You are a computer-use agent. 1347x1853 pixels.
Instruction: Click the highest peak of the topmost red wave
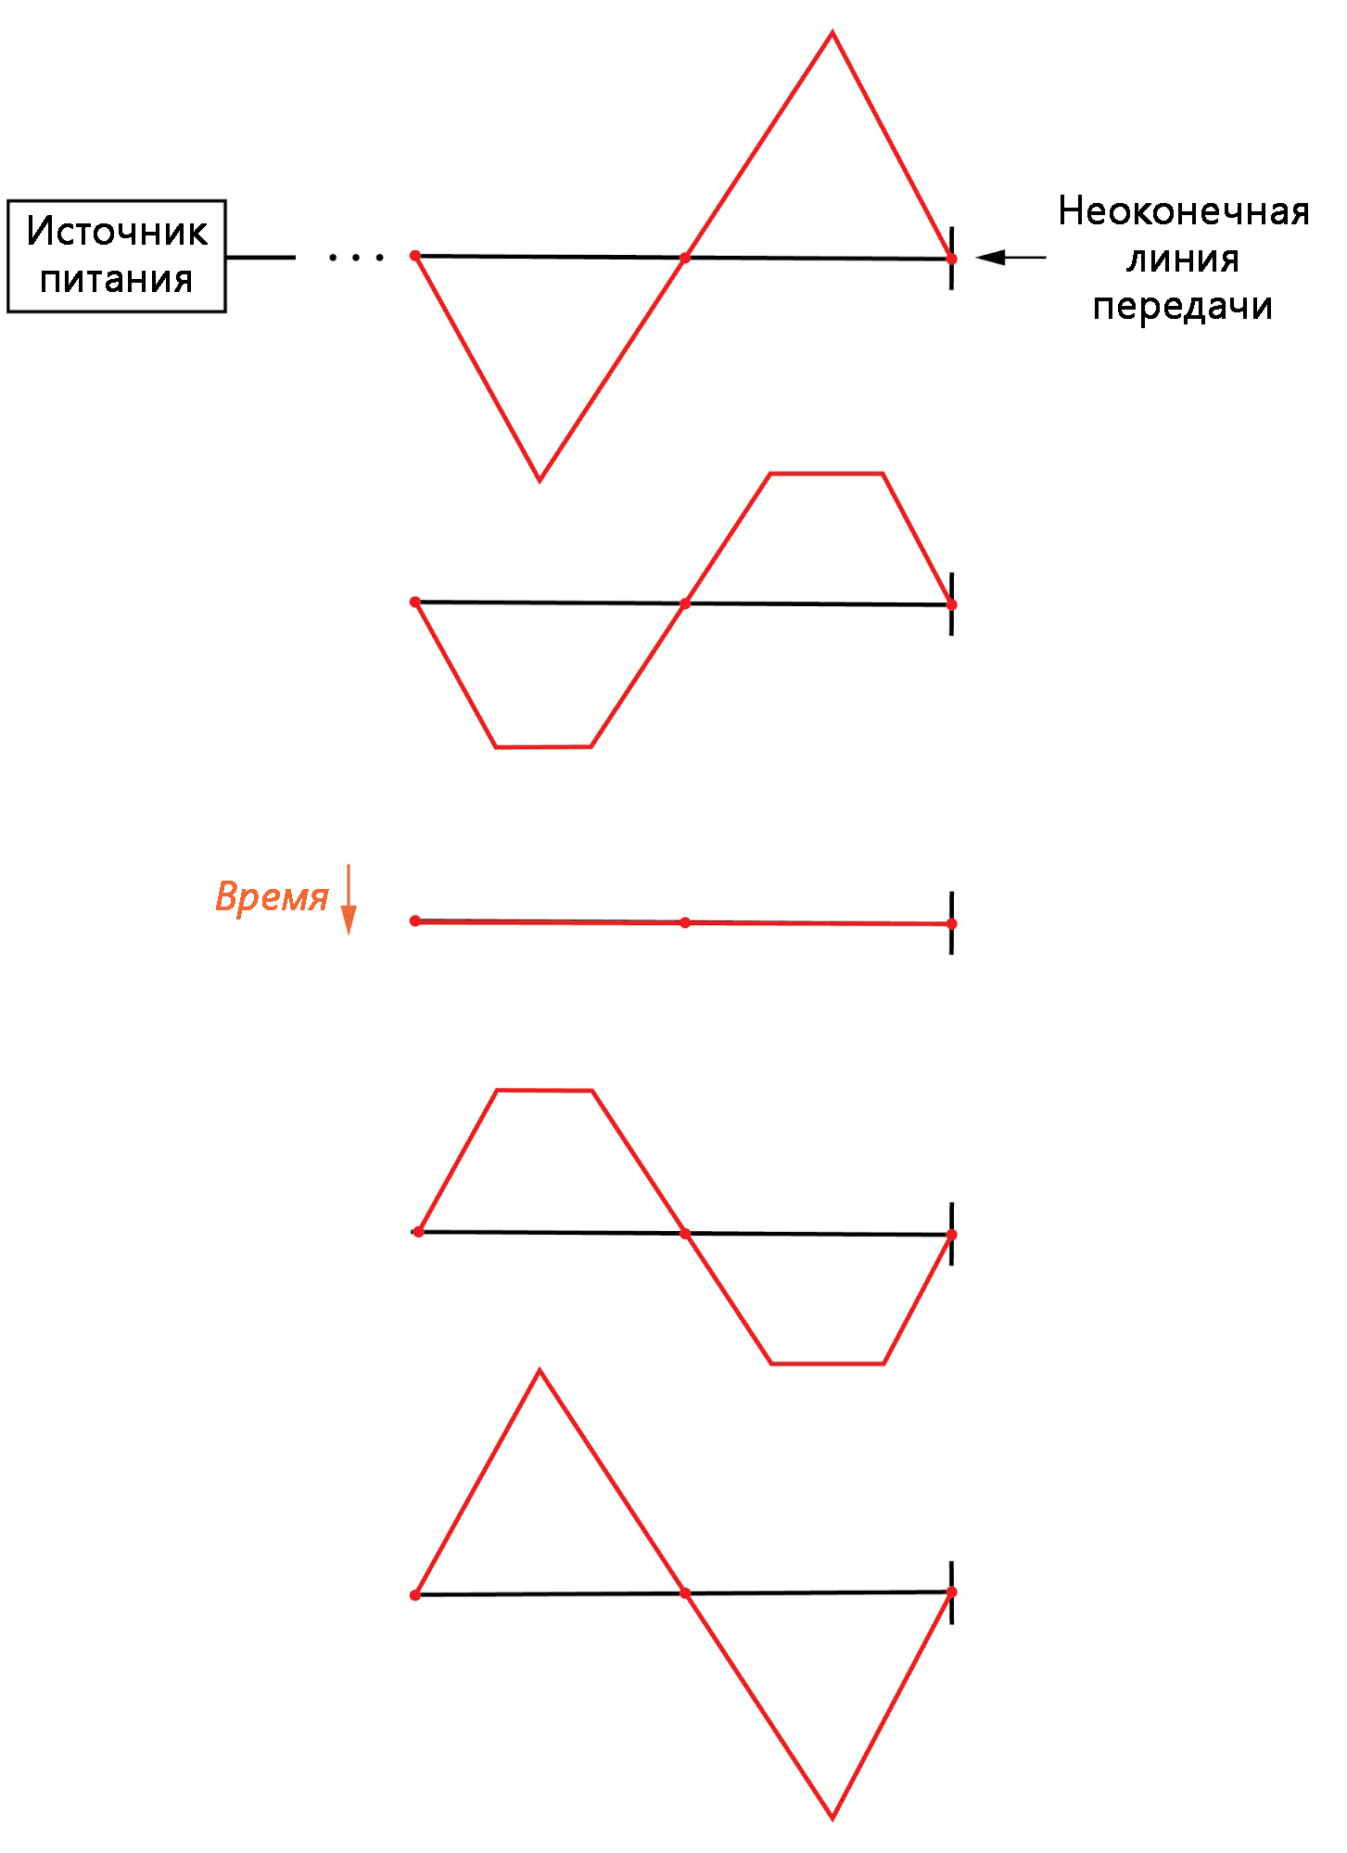832,32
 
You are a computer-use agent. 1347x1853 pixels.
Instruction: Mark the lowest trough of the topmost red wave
540,480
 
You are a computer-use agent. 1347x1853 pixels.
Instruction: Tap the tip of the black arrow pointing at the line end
977,258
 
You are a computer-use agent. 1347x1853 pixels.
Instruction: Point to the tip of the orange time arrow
349,934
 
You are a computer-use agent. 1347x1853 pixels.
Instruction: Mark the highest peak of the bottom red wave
540,1370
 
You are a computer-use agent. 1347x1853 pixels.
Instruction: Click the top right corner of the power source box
225,201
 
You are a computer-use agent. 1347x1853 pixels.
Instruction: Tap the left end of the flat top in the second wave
770,474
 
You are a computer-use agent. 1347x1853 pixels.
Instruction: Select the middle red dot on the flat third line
685,922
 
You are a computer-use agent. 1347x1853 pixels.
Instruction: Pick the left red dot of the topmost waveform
415,255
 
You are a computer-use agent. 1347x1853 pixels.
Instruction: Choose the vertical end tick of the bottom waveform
952,1593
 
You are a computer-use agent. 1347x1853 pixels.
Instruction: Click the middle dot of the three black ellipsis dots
357,258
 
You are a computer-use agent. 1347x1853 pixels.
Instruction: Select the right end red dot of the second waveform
952,604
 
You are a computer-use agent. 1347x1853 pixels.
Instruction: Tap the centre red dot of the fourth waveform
685,1233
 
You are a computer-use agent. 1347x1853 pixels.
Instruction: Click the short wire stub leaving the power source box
261,257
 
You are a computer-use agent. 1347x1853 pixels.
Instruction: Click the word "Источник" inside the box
117,231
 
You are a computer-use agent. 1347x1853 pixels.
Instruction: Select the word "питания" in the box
117,279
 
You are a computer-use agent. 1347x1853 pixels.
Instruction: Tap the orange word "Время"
272,896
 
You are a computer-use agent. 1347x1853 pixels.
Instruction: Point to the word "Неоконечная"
1184,211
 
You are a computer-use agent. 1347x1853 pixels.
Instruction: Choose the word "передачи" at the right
1183,306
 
